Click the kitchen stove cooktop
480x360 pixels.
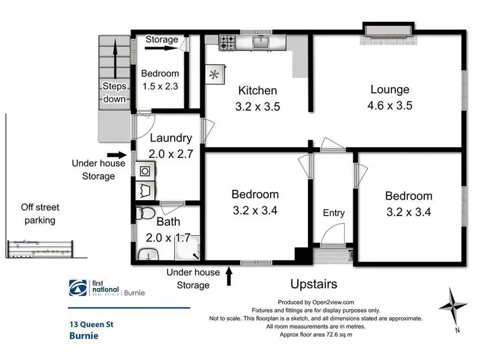point(227,42)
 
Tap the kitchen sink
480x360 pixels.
point(261,42)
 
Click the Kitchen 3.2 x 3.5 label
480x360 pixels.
point(258,98)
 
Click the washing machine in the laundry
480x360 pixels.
point(143,171)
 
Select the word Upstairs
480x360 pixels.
point(314,283)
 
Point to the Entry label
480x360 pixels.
point(333,213)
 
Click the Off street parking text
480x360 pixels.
point(37,214)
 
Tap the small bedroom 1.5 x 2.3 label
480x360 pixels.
point(159,79)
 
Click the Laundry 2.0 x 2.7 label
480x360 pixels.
point(170,145)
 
